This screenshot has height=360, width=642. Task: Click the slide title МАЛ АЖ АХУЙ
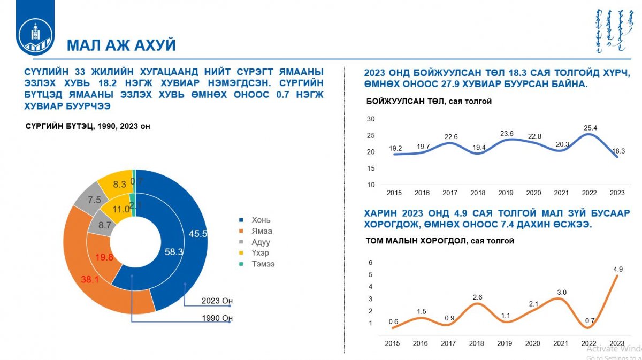click(x=121, y=45)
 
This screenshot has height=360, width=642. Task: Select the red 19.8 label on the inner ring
click(x=104, y=258)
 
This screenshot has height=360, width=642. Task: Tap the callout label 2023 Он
click(x=217, y=301)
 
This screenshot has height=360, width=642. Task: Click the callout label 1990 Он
click(x=217, y=319)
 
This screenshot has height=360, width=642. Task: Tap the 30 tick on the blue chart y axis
click(x=371, y=119)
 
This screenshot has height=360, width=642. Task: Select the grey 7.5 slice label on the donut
click(x=94, y=200)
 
